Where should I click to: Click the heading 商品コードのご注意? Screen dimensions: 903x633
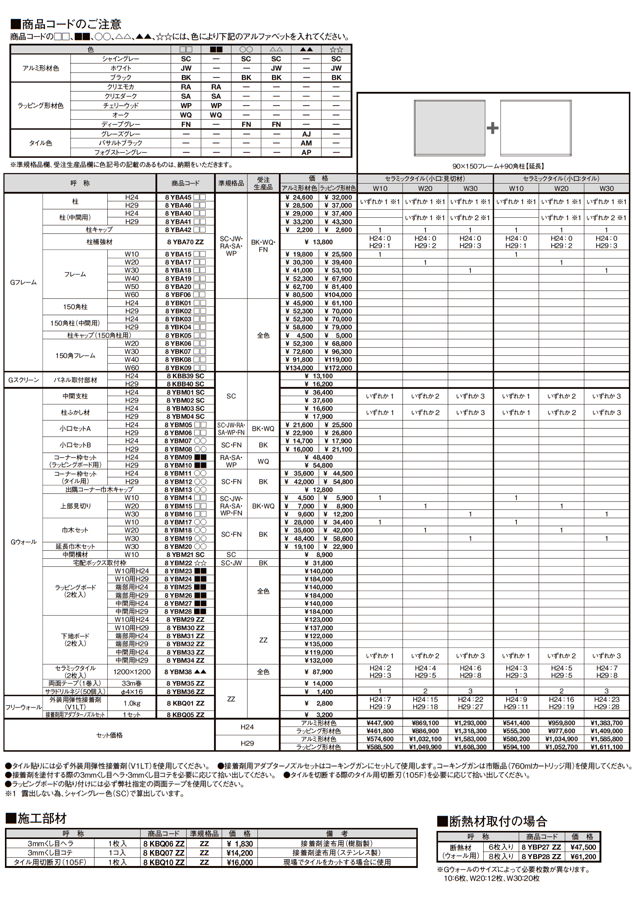coord(66,24)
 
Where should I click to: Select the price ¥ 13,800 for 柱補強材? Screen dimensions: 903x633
coord(318,242)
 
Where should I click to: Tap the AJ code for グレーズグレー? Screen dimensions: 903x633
coord(306,134)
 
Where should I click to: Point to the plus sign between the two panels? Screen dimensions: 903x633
coord(492,128)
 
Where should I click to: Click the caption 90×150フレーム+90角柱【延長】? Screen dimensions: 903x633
coord(498,166)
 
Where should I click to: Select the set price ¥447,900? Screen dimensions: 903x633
coord(380,723)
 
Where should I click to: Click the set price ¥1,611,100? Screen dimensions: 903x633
coord(606,747)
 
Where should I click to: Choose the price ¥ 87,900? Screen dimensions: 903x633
coord(318,672)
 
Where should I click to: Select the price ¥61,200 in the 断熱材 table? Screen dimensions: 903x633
coord(583,856)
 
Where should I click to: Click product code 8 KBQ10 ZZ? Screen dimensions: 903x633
coord(163,862)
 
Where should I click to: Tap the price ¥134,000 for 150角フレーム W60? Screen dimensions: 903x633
coord(299,368)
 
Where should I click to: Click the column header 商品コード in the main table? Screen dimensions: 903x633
coord(185,183)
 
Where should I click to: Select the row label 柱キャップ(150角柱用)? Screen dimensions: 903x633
coord(99,335)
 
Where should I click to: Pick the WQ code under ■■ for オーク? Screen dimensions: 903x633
coord(216,115)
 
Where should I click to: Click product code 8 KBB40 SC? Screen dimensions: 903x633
coord(185,384)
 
